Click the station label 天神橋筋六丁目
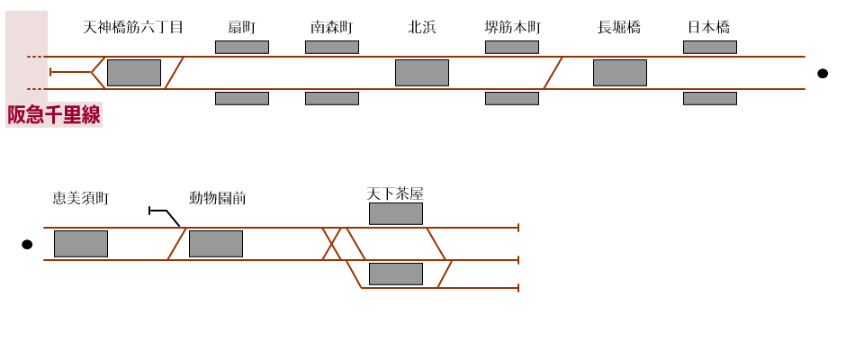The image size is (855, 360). [x=133, y=27]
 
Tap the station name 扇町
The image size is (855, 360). [x=241, y=27]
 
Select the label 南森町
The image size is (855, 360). [x=331, y=27]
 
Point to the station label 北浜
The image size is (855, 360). [x=421, y=27]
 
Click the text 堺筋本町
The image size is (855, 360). [x=512, y=27]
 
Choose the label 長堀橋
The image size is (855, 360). [x=619, y=27]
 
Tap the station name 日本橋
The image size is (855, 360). [x=709, y=27]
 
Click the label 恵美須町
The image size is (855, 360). [x=80, y=198]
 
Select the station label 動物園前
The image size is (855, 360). [x=217, y=198]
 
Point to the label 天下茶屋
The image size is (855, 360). [x=394, y=193]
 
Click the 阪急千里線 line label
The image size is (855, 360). [x=54, y=115]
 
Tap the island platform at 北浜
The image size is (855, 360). [x=421, y=73]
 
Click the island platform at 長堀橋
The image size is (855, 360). [x=619, y=73]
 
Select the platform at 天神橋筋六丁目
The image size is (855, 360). [x=133, y=73]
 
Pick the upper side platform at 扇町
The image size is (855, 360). [x=241, y=47]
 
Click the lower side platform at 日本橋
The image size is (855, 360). [x=709, y=98]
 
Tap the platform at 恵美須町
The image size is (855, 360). [x=80, y=244]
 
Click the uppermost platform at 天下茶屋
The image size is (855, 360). [x=395, y=213]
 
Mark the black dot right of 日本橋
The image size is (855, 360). [x=823, y=73]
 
